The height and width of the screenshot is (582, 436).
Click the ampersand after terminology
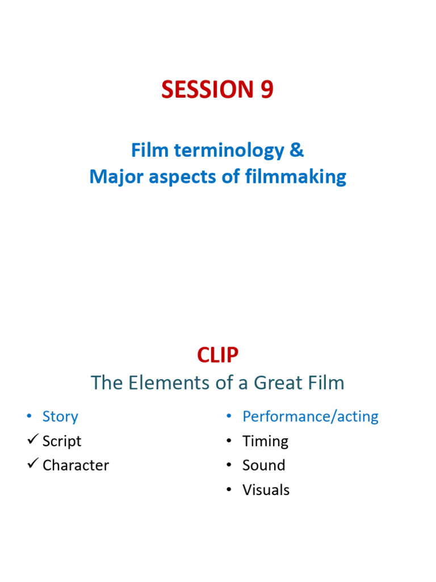coord(297,151)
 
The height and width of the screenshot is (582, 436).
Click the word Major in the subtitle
coord(113,177)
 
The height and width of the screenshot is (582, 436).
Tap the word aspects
coord(175,177)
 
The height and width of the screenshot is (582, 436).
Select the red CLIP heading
coord(217,355)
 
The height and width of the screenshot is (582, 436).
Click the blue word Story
coord(60,417)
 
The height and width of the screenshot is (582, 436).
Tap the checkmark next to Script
coord(32,440)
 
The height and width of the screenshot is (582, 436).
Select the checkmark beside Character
coord(32,464)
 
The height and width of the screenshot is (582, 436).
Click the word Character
coord(76,465)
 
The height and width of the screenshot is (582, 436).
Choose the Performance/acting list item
coord(310,417)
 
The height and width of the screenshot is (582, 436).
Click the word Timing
coord(265,442)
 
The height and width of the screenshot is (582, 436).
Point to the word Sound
coord(263,465)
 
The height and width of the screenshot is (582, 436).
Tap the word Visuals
coord(266,490)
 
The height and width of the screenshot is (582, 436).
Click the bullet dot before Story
coord(29,417)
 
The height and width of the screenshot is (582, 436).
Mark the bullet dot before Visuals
coord(229,490)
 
